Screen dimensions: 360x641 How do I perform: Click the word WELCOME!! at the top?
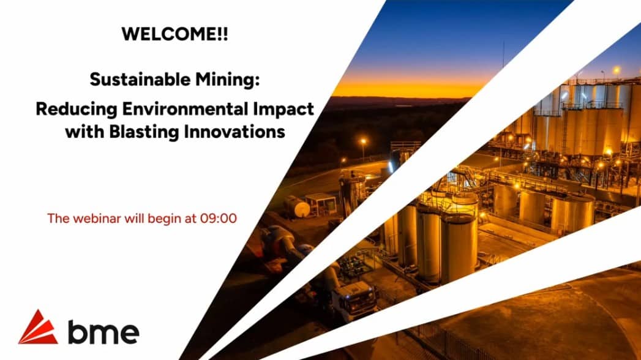coord(174,34)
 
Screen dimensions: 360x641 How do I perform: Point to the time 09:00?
coord(219,217)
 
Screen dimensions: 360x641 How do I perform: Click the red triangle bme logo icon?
coord(37,328)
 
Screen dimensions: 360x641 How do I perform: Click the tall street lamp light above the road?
coord(362,141)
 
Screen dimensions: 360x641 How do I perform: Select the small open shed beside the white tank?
coord(321,204)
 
